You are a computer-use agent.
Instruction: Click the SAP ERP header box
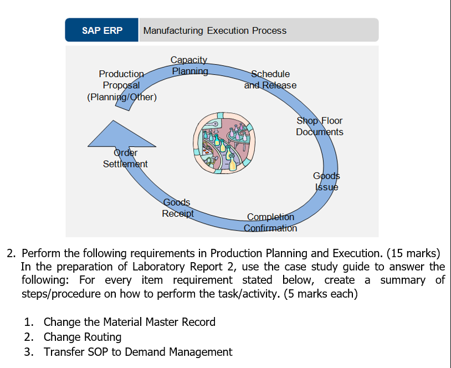(102, 30)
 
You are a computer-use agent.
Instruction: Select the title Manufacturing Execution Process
(215, 30)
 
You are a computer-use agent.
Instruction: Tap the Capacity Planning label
(189, 65)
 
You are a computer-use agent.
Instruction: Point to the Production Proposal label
(121, 79)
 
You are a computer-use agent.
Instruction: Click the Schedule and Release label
(270, 79)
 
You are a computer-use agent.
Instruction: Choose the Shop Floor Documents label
(320, 126)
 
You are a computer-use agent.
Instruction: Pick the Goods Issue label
(326, 181)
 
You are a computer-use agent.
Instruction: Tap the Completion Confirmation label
(270, 222)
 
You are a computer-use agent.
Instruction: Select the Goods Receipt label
(177, 208)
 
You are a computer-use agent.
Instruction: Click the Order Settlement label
(125, 159)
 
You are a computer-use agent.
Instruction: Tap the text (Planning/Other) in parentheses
(122, 98)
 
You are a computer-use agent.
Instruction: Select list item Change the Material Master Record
(129, 322)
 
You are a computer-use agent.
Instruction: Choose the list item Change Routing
(83, 337)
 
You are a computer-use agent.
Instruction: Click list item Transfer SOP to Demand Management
(138, 352)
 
